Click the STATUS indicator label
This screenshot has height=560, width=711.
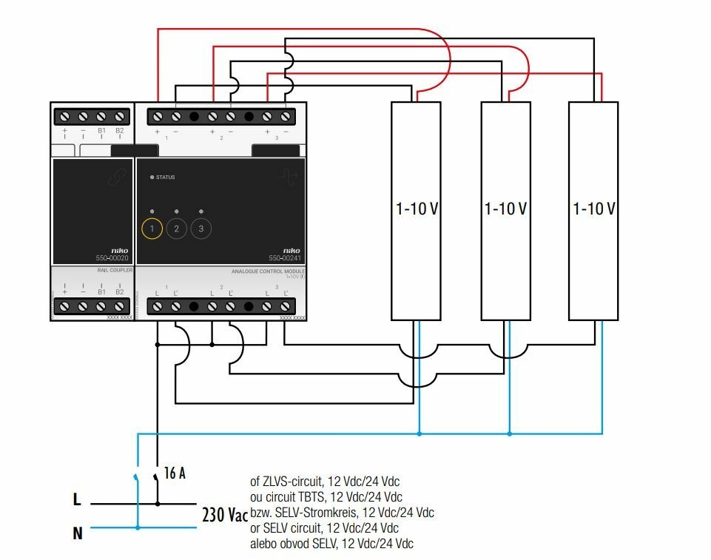click(165, 178)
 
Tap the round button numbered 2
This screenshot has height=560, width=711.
click(176, 229)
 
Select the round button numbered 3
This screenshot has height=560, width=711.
click(201, 229)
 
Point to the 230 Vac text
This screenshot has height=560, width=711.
click(225, 515)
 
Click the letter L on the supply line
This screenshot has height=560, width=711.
click(76, 500)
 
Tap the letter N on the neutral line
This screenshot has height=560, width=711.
click(77, 532)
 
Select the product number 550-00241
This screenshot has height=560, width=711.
click(285, 258)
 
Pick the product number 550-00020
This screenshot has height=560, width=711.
click(112, 258)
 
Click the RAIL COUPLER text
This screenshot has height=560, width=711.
click(115, 271)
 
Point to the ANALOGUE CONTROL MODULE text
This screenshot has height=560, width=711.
click(268, 272)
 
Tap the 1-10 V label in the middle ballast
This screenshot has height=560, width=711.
click(506, 209)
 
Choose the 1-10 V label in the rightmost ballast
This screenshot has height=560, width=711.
click(594, 209)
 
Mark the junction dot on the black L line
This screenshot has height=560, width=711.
click(158, 504)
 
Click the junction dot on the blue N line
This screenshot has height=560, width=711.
click(138, 527)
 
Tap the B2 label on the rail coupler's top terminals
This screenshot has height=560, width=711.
click(120, 131)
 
